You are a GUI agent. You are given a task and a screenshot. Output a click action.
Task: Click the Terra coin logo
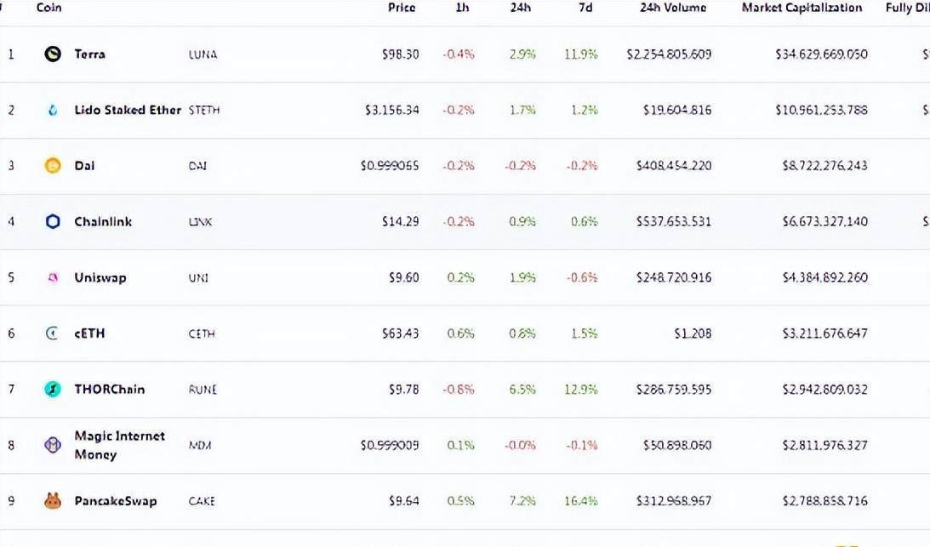(x=53, y=54)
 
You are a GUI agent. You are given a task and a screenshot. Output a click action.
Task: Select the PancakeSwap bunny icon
(x=53, y=501)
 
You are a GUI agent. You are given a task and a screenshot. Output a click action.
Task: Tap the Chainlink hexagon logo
(x=53, y=222)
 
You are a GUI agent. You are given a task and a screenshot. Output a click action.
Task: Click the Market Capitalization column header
(x=802, y=8)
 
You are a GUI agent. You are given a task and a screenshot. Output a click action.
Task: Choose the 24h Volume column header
(x=673, y=8)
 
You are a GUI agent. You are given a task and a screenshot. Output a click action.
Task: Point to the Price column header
(x=402, y=8)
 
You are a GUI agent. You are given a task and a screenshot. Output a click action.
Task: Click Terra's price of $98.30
(x=400, y=54)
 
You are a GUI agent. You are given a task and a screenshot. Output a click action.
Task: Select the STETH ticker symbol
(x=204, y=111)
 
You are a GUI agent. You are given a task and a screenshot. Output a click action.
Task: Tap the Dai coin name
(x=84, y=166)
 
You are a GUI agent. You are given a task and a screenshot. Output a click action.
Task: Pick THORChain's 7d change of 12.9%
(x=581, y=390)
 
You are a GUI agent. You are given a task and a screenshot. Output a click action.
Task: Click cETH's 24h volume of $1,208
(x=693, y=333)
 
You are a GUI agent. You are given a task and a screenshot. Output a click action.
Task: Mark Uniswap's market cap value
(x=824, y=277)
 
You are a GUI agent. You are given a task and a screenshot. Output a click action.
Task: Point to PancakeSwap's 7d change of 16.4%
(x=581, y=501)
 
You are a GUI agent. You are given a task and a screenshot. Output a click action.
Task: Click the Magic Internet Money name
(x=119, y=445)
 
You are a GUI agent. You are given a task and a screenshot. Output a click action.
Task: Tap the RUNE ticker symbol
(x=203, y=390)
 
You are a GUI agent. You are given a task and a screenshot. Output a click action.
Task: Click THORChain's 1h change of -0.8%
(x=459, y=390)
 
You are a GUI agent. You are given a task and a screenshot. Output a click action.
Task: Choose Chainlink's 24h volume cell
(x=674, y=222)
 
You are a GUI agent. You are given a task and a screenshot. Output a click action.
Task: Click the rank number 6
(x=11, y=333)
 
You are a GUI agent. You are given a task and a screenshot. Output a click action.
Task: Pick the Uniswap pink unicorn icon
(x=53, y=277)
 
